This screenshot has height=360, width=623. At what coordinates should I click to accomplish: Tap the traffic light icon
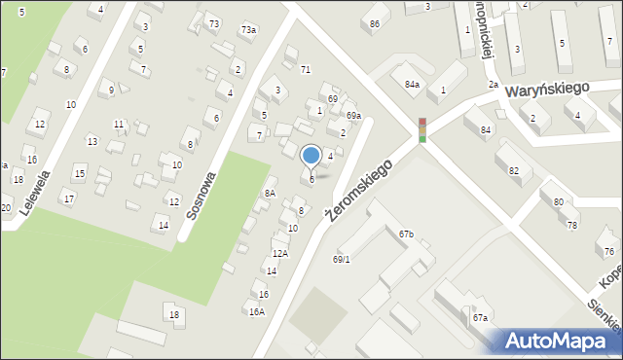click(422, 129)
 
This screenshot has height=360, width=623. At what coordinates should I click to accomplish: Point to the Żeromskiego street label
click(359, 190)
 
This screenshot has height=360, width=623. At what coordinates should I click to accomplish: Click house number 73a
click(249, 30)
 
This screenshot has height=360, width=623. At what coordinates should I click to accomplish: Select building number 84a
click(413, 85)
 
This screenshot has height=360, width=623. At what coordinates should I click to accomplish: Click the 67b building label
click(406, 234)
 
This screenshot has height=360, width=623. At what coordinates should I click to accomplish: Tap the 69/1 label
click(341, 260)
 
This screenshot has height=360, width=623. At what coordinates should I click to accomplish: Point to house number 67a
click(480, 318)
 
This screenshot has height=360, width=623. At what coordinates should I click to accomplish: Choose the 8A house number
click(270, 194)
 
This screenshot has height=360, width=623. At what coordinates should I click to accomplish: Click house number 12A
click(279, 254)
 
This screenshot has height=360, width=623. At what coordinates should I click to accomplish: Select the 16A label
click(256, 312)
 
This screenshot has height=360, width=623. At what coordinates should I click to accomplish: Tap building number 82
click(513, 171)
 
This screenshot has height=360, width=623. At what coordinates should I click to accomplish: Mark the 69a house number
click(353, 116)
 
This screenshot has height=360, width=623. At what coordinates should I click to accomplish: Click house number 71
click(305, 70)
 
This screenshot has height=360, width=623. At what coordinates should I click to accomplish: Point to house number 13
click(92, 142)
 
